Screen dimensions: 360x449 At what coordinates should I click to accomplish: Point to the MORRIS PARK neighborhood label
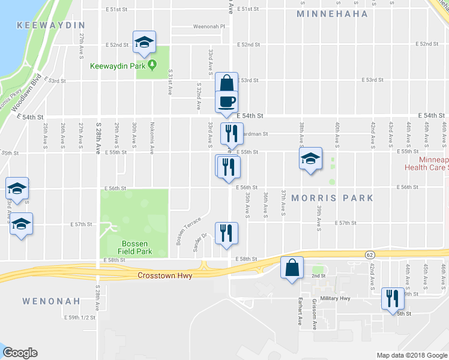(x=333, y=198)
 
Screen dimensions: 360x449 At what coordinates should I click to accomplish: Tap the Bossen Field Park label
(x=134, y=247)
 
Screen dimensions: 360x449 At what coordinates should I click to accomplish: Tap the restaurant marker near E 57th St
(x=226, y=232)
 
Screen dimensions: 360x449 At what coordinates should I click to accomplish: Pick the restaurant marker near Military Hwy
(x=393, y=298)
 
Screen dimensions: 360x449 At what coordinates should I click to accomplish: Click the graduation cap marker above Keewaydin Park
(x=144, y=41)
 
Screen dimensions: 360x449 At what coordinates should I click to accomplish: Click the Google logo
(x=19, y=353)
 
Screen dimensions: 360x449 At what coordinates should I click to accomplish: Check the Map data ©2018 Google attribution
(x=411, y=355)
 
